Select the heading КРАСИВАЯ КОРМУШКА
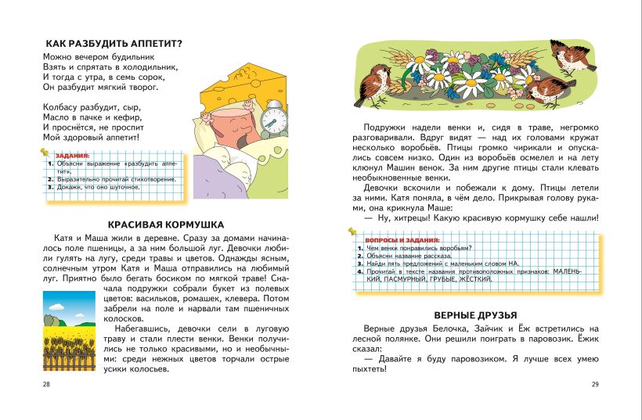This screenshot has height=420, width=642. point(166,224)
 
